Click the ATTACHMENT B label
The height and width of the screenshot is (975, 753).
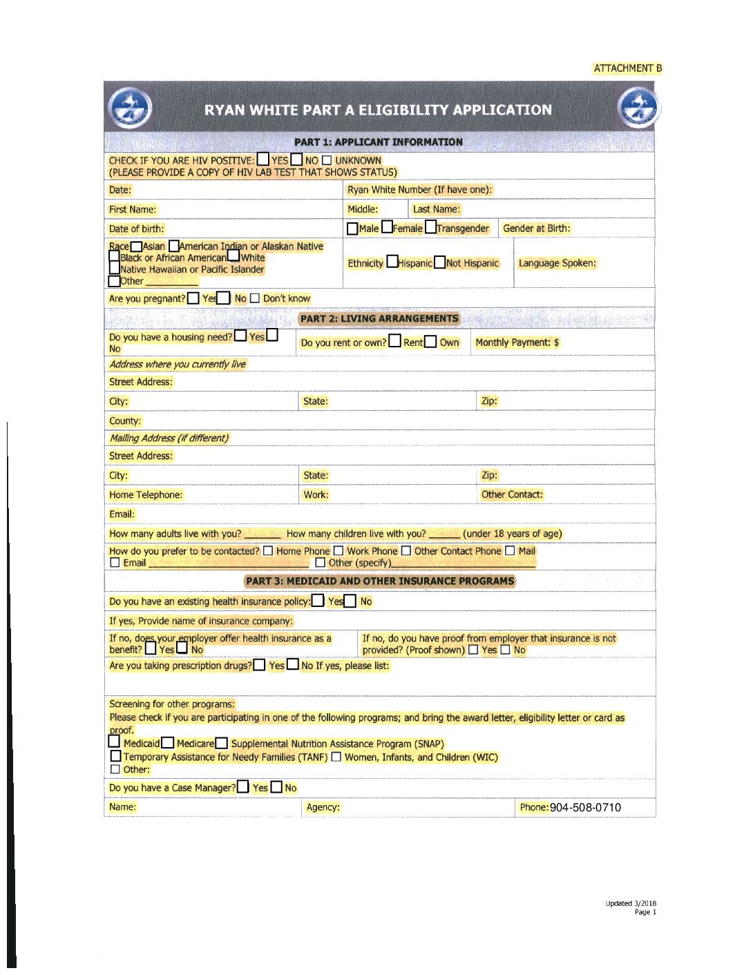point(627,68)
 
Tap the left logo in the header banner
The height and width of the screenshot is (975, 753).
point(130,108)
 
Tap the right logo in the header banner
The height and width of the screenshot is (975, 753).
point(638,108)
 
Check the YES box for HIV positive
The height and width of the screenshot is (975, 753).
point(263,160)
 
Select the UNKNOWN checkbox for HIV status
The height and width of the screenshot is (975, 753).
point(327,160)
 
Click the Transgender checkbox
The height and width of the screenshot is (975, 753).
point(431,227)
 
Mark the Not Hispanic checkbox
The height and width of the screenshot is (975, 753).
point(439,262)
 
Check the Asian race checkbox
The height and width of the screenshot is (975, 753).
point(136,247)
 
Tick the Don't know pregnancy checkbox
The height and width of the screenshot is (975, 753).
point(255,298)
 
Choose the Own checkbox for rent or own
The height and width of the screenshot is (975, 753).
point(431,341)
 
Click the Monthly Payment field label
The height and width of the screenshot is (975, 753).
point(517,342)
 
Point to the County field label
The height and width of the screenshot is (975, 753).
point(125,421)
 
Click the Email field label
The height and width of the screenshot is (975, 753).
point(122,514)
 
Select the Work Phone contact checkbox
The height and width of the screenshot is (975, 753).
point(339,551)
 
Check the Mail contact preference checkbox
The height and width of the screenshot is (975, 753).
point(510,551)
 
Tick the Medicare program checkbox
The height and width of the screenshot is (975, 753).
point(168,743)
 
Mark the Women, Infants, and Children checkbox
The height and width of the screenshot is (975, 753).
point(336,757)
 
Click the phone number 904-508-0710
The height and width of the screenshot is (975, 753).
point(585,807)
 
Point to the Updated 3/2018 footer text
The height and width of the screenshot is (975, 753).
point(631,903)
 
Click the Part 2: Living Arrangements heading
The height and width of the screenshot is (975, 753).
point(379,318)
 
